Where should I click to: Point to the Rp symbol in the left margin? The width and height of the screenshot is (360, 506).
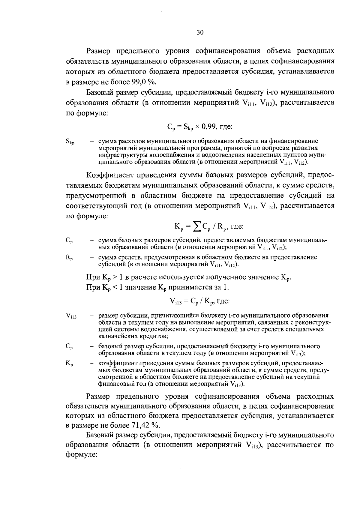click(69, 258)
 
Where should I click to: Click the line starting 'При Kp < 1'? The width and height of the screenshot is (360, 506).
click(157, 287)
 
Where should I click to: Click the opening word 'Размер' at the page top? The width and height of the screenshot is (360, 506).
click(98, 51)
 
